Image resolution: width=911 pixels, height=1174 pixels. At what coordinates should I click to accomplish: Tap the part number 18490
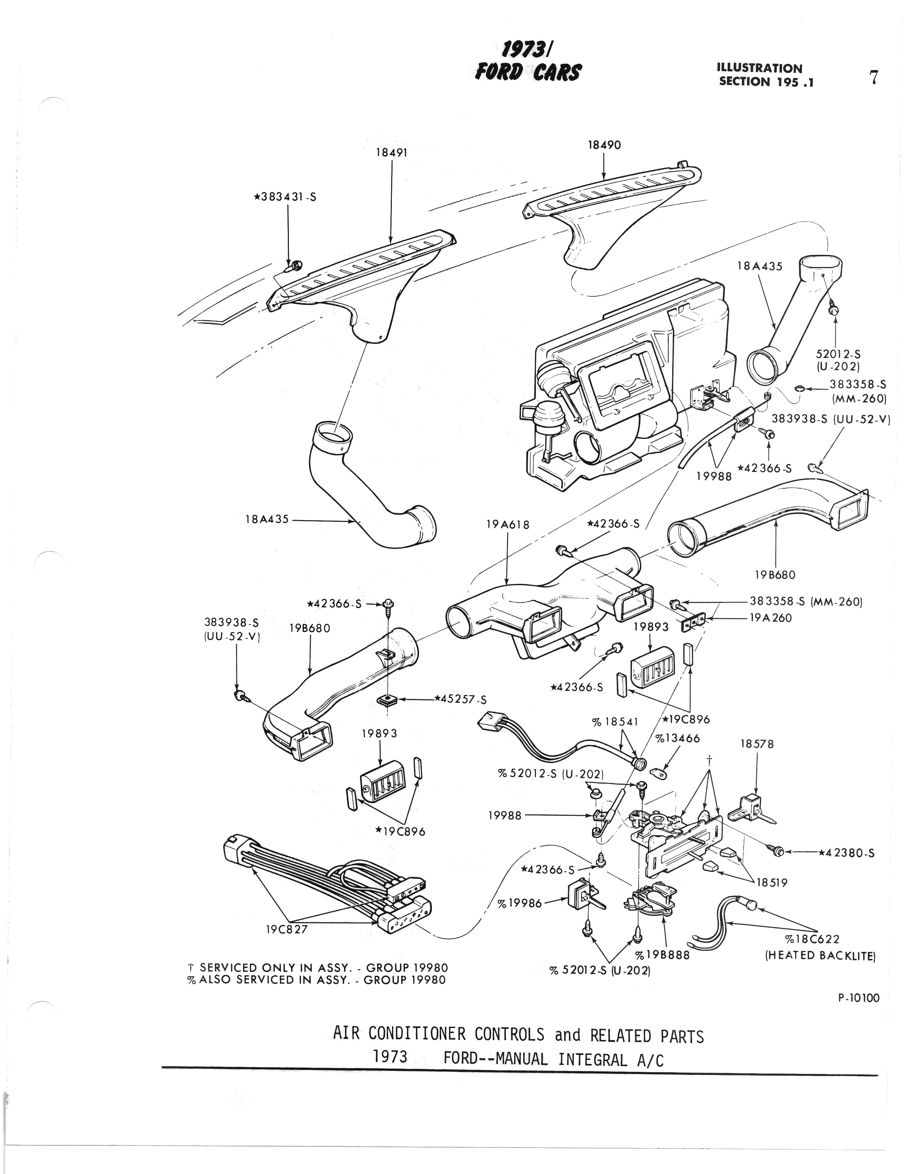[604, 145]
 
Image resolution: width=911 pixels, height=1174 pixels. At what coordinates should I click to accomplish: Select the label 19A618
[508, 524]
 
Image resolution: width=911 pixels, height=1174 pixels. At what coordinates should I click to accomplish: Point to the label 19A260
[771, 618]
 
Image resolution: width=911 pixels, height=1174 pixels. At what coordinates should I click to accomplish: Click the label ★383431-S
[285, 197]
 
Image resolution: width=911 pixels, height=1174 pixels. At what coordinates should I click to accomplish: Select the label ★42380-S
[847, 853]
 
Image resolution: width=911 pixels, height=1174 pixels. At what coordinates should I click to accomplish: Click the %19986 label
[519, 904]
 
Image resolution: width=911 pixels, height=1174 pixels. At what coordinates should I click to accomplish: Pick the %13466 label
[678, 738]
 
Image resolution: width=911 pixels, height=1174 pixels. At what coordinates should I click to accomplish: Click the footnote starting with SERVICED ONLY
[318, 968]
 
